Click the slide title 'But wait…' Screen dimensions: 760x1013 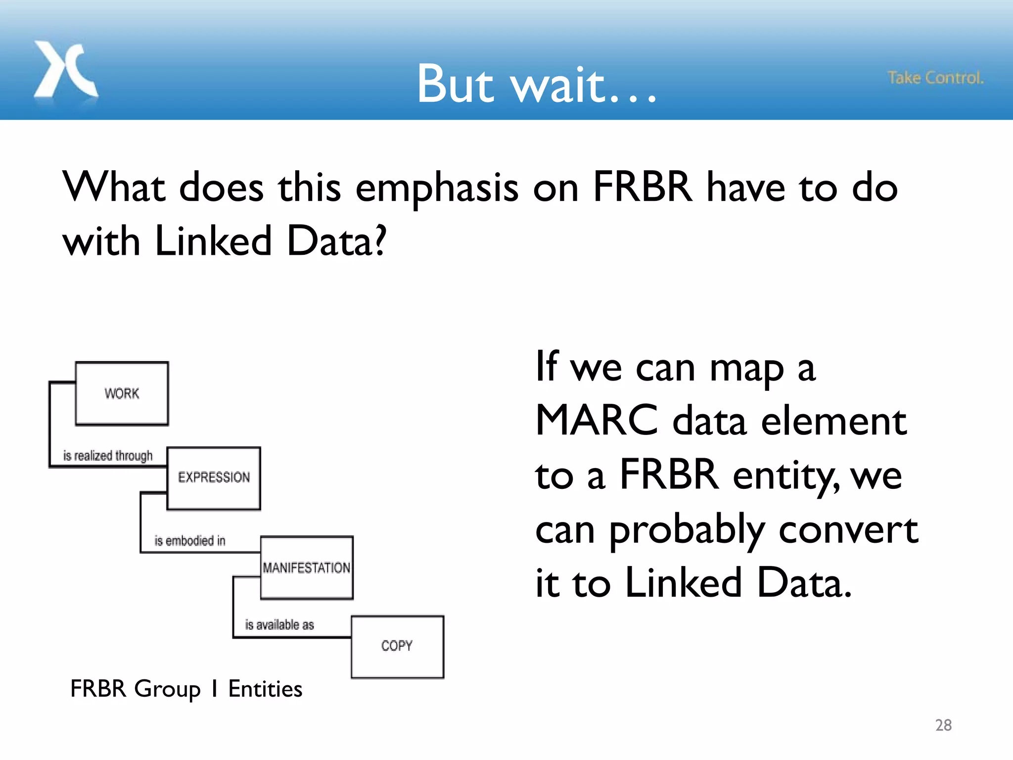point(536,84)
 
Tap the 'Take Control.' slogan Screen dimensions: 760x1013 point(935,78)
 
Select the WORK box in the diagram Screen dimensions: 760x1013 point(122,393)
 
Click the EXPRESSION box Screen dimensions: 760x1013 point(214,478)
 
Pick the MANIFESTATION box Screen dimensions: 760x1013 point(307,568)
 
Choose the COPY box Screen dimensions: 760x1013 point(397,646)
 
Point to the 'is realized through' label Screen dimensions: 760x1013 point(108,456)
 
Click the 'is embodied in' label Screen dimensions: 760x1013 point(190,541)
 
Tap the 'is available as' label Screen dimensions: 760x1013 point(279,625)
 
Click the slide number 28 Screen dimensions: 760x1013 point(943,725)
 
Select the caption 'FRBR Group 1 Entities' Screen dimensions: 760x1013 point(186,689)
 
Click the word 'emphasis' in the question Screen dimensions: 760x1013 point(437,189)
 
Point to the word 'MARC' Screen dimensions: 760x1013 point(597,421)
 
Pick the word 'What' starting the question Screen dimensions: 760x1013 point(114,188)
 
